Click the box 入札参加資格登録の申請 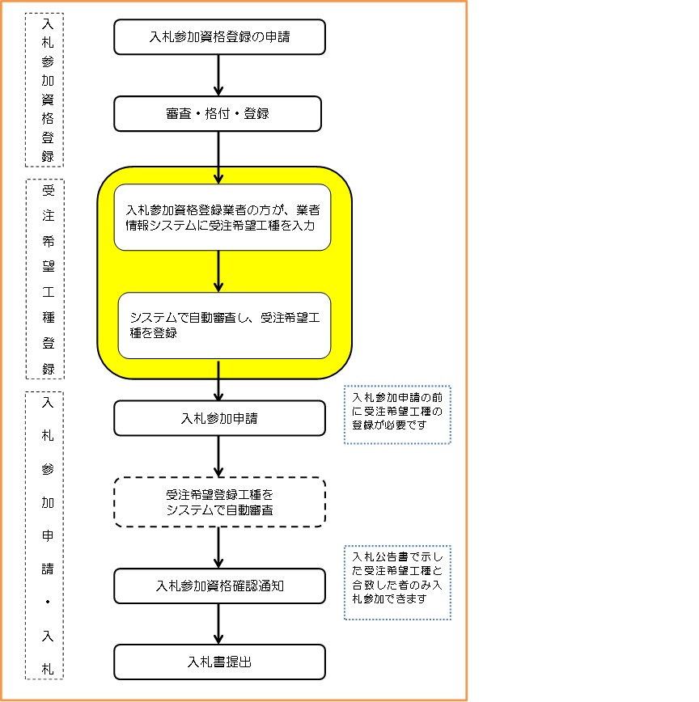tap(219, 37)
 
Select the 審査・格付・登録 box tap(218, 113)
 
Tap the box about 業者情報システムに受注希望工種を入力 tap(222, 218)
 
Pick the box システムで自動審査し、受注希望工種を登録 tap(224, 325)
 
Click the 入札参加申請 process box tap(219, 418)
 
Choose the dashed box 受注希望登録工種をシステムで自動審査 tap(219, 501)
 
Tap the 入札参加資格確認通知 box tap(219, 586)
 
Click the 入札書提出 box tap(219, 662)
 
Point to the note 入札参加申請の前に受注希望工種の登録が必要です tap(397, 415)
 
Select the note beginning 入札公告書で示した tap(397, 582)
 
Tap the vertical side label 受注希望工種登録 tap(48, 279)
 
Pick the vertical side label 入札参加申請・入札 tap(48, 535)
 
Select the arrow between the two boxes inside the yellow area tap(218, 271)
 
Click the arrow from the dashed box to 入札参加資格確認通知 tap(218, 548)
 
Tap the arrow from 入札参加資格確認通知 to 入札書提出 tap(218, 624)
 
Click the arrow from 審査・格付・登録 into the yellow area tap(218, 157)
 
